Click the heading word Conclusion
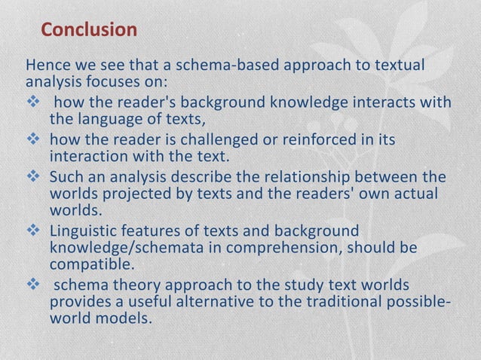[x=89, y=30]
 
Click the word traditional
[x=363, y=303]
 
